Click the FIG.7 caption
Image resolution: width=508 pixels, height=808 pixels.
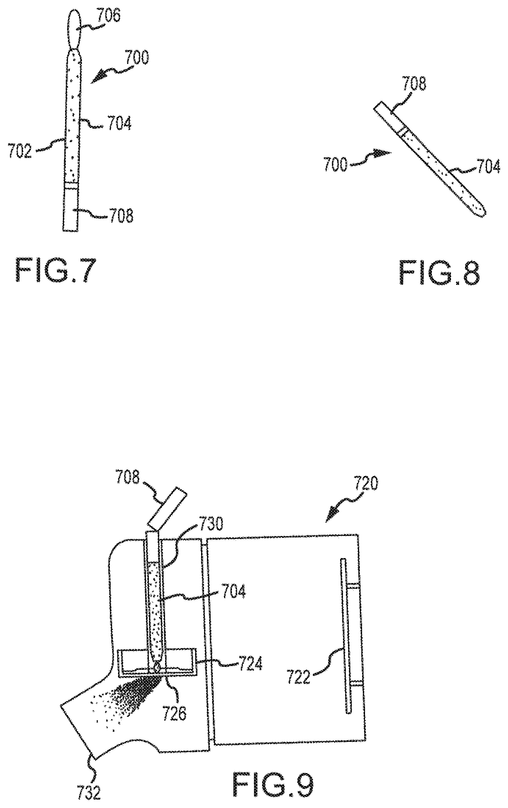coord(57,271)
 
